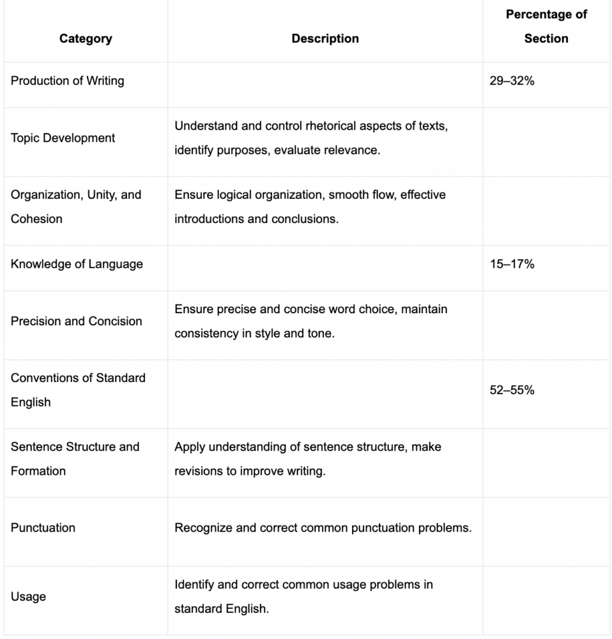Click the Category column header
pos(86,38)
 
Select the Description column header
pos(325,38)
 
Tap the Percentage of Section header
pos(546,26)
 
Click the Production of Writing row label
pos(67,81)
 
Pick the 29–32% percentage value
pos(512,81)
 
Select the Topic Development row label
pos(63,138)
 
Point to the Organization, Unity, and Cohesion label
pos(75,206)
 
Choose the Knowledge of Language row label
pos(77,264)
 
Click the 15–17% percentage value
pos(512,264)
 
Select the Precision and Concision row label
pos(76,321)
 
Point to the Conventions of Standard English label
pos(78,390)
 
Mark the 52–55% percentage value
pos(512,390)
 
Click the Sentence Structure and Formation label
pos(75,458)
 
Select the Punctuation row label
pos(43,527)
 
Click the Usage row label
pos(28,596)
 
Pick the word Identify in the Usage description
pos(195,584)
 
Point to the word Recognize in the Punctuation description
pos(203,528)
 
